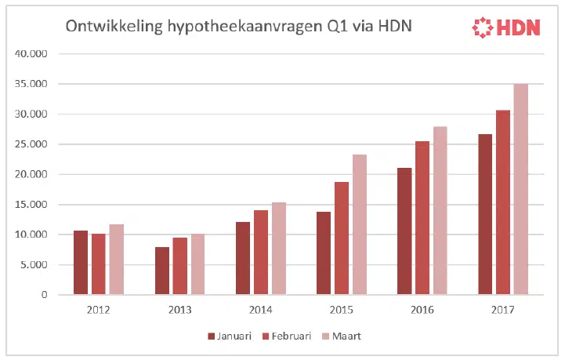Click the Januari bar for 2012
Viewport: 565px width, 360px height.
(x=81, y=263)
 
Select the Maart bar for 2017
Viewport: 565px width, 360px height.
(x=521, y=189)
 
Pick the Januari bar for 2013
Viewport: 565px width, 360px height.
(x=161, y=271)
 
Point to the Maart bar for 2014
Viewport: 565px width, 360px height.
(x=278, y=249)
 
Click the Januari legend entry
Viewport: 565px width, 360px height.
(x=230, y=336)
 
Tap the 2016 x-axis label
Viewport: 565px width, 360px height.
(x=422, y=310)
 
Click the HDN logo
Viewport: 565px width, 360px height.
(x=506, y=28)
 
